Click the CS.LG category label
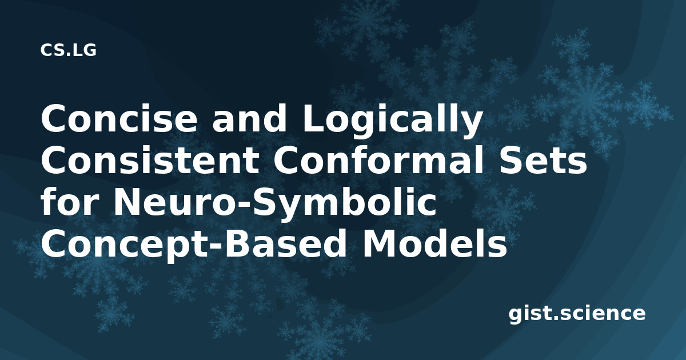pos(68,50)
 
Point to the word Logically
pos(392,121)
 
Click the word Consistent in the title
pos(149,161)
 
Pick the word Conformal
pos(371,160)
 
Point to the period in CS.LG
pos(67,54)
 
